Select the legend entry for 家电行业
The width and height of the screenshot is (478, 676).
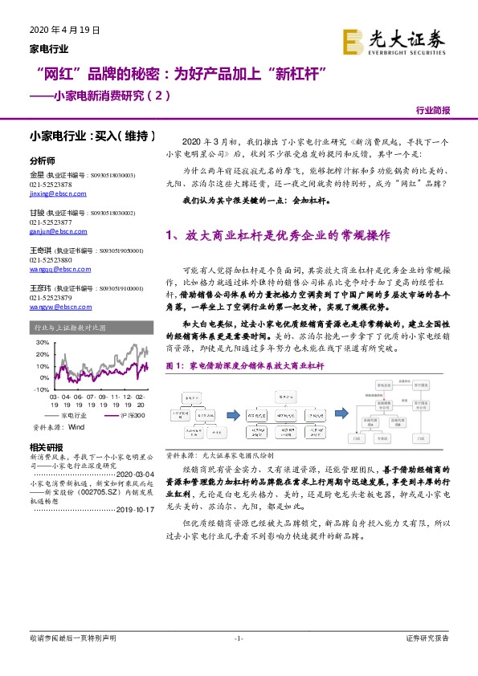(x=68, y=416)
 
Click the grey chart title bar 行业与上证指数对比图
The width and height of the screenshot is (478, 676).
(x=89, y=328)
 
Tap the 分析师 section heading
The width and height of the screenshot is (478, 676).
(x=41, y=161)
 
